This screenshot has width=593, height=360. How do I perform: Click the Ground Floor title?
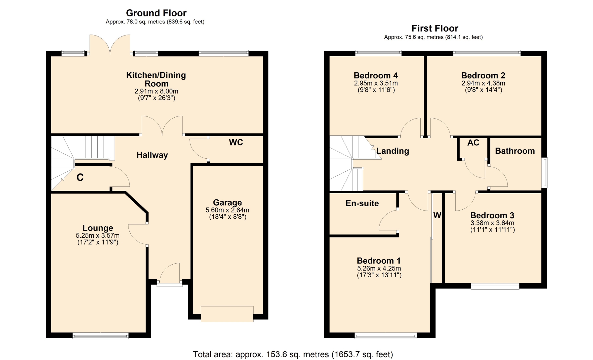tap(156, 13)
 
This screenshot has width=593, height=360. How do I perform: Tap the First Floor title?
tap(435, 28)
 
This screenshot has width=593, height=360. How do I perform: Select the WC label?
tap(236, 142)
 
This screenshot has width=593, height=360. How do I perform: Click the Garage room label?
tap(228, 203)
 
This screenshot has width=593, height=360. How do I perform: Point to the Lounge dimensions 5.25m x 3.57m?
tap(98, 235)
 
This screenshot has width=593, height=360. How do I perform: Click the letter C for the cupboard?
tap(80, 177)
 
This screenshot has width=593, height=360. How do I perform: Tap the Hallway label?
tap(152, 155)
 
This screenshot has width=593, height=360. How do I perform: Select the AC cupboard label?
tap(473, 143)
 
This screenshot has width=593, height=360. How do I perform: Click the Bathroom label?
tap(515, 151)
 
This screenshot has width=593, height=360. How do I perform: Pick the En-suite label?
tap(362, 203)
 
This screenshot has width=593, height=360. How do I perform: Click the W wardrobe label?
tap(437, 215)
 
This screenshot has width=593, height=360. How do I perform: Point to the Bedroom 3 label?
tap(492, 215)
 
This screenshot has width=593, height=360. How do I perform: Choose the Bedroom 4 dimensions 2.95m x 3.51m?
tap(376, 83)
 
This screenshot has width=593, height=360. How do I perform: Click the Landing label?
tap(393, 151)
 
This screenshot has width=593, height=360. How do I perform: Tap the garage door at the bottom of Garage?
tap(227, 314)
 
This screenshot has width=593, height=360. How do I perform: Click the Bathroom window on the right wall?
tap(545, 173)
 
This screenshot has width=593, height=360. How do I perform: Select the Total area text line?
tap(293, 354)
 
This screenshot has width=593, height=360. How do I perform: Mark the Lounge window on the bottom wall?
tap(100, 336)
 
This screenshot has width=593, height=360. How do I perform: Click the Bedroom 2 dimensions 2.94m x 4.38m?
tap(483, 83)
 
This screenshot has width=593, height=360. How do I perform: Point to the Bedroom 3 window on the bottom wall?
tap(495, 286)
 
